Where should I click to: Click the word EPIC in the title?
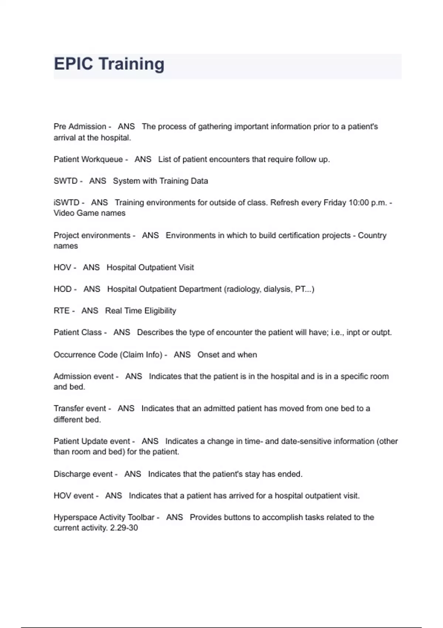[x=73, y=64]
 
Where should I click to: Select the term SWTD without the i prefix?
[x=65, y=181]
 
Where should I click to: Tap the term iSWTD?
[x=66, y=202]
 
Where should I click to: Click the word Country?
[x=372, y=235]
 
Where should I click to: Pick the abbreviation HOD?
[x=62, y=289]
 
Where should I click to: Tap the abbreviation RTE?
[x=61, y=311]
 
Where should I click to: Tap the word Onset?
[x=208, y=355]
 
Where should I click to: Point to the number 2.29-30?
[x=124, y=528]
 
